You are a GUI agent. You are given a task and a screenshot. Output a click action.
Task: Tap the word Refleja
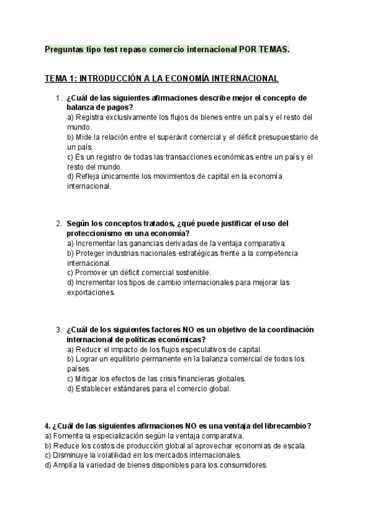(x=88, y=176)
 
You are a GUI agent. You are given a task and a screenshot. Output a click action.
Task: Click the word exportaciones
(x=91, y=292)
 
